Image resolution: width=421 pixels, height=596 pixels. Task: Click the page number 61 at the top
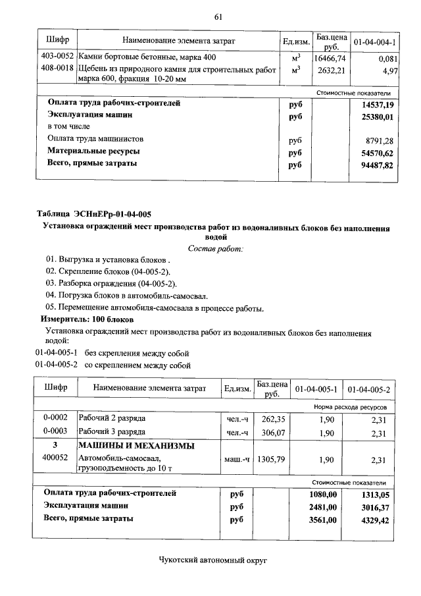pos(218,16)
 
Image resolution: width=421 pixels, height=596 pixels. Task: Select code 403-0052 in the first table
pos(57,57)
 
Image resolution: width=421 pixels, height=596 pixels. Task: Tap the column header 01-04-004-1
pos(374,42)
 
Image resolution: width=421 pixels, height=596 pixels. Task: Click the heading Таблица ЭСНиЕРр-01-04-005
pos(94,213)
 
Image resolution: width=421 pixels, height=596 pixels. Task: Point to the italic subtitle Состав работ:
pos(215,248)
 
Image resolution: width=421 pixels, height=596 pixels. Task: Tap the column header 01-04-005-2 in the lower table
pos(368,389)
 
